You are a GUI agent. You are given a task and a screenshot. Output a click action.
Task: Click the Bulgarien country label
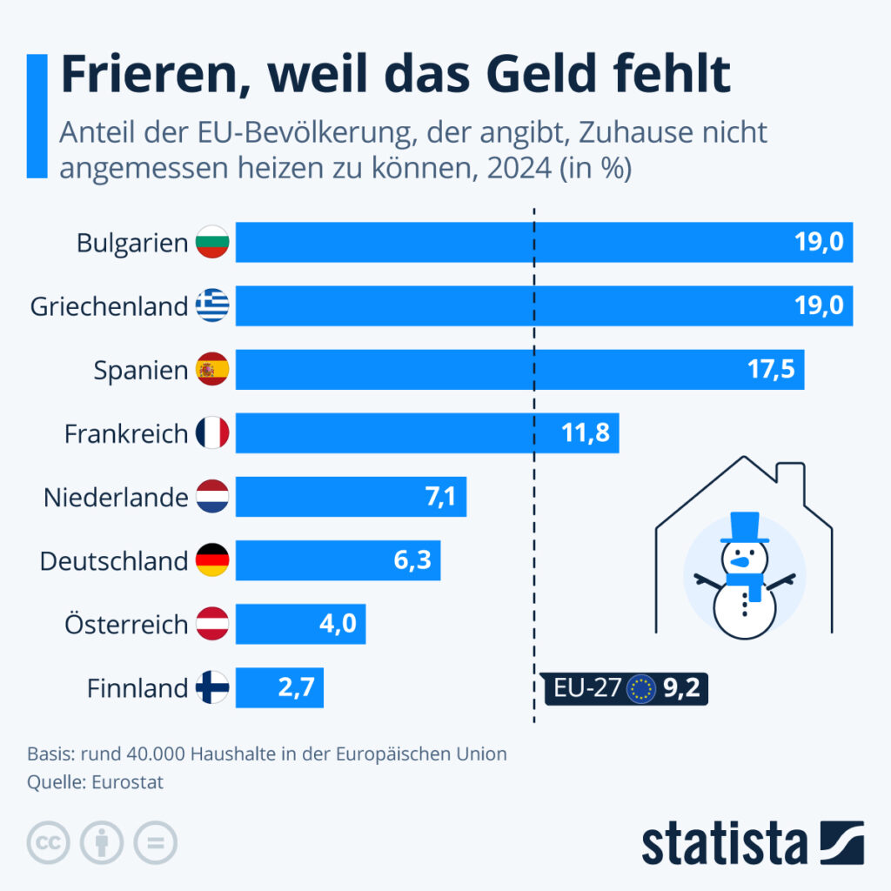[x=131, y=243]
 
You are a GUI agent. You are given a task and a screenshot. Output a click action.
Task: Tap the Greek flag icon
[x=212, y=306]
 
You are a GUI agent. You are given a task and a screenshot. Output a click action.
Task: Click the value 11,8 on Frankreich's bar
[x=585, y=433]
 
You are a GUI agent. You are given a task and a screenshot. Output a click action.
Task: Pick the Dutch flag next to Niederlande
[x=212, y=497]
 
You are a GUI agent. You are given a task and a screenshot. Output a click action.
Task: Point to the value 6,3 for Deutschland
[x=412, y=560]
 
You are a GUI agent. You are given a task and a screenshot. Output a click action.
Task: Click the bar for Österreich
[x=300, y=624]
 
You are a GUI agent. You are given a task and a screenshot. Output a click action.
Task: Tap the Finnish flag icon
[x=212, y=688]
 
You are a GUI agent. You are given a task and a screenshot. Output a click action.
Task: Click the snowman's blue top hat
[x=745, y=528]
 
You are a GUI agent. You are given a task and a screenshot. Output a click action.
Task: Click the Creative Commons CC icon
[x=49, y=842]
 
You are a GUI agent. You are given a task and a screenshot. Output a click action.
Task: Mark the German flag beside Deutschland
[x=212, y=560]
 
